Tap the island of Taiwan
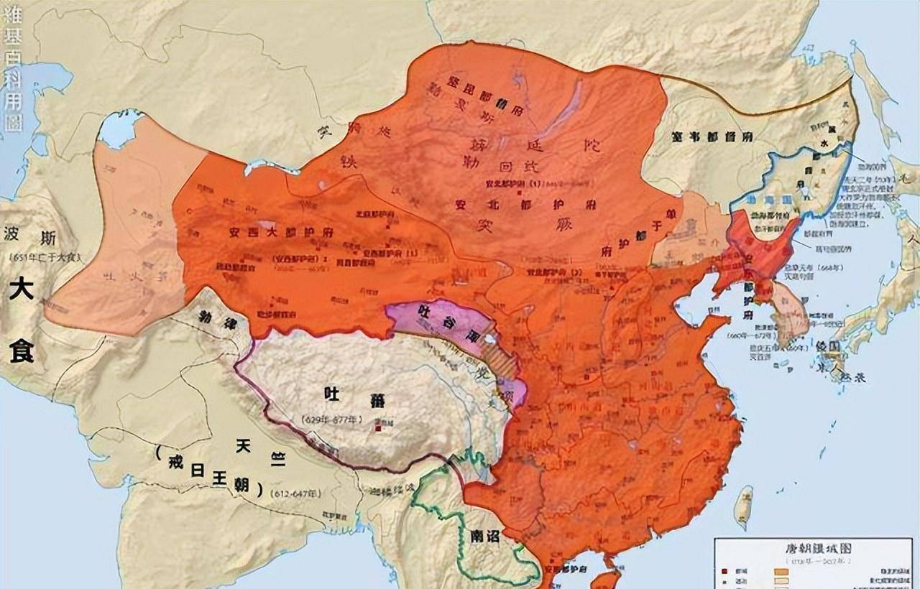[745, 506]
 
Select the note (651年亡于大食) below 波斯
[45, 257]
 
